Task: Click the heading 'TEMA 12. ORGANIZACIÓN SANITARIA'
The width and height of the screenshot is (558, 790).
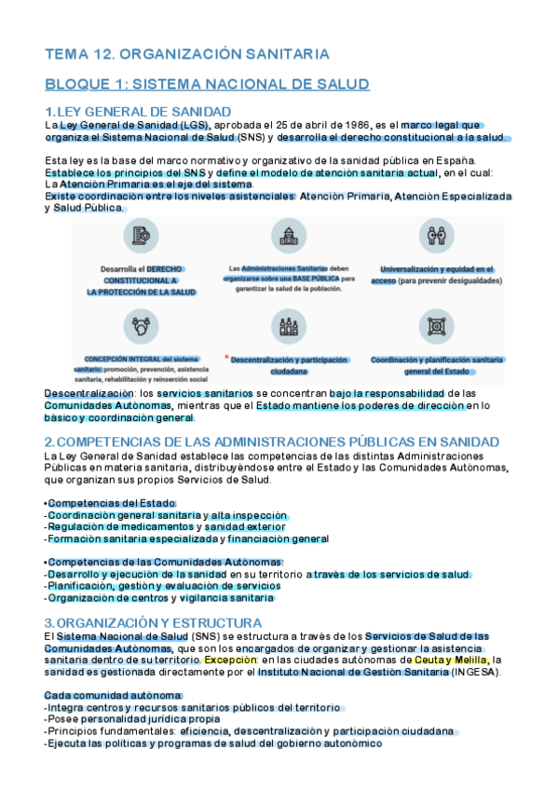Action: (186, 54)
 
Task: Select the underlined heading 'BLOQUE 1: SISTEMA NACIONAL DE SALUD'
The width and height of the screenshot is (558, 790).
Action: (207, 85)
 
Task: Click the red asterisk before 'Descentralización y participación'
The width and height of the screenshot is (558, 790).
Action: (226, 357)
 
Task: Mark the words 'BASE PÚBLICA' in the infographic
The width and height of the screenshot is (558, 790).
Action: (314, 278)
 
